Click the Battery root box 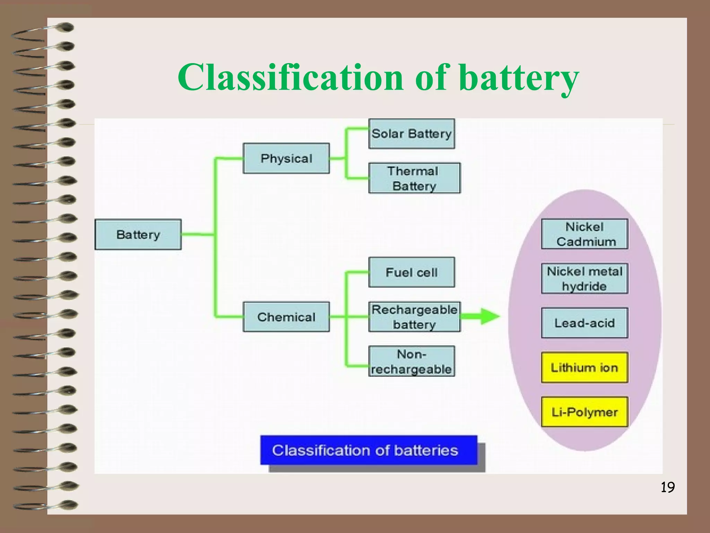[x=138, y=235]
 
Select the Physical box [x=286, y=158]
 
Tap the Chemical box [x=286, y=317]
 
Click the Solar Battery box [x=412, y=134]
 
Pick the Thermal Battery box [x=414, y=178]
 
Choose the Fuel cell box [x=412, y=272]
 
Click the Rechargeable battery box [x=414, y=317]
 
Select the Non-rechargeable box [x=412, y=361]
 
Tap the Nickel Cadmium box [x=585, y=234]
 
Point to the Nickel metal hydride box [x=585, y=279]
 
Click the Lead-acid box [x=585, y=323]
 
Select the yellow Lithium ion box [x=585, y=367]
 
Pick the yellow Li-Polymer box [x=585, y=412]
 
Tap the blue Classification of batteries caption [x=369, y=450]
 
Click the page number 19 [x=667, y=488]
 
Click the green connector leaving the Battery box [x=198, y=235]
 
